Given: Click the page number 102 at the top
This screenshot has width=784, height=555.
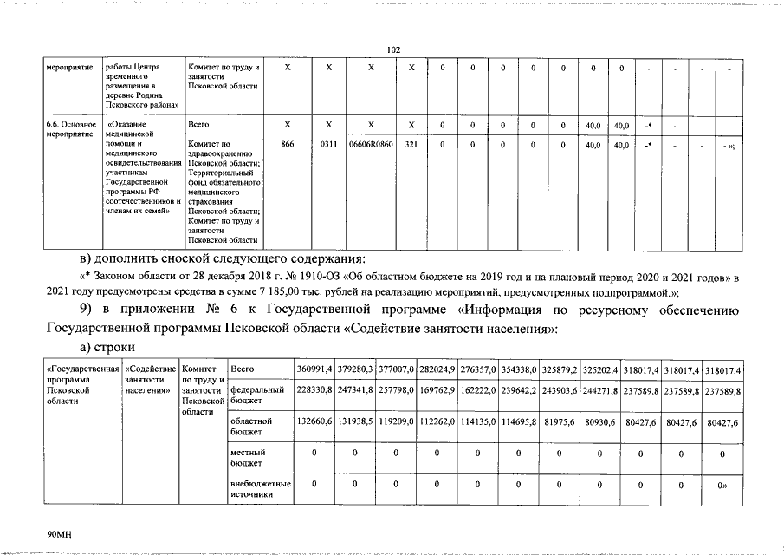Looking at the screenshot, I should point(392,50).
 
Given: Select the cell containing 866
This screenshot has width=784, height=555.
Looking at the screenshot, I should point(288,145).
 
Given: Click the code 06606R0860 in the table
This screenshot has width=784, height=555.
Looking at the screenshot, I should point(371,145).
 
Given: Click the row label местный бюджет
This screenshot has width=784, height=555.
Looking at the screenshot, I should point(249,458).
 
